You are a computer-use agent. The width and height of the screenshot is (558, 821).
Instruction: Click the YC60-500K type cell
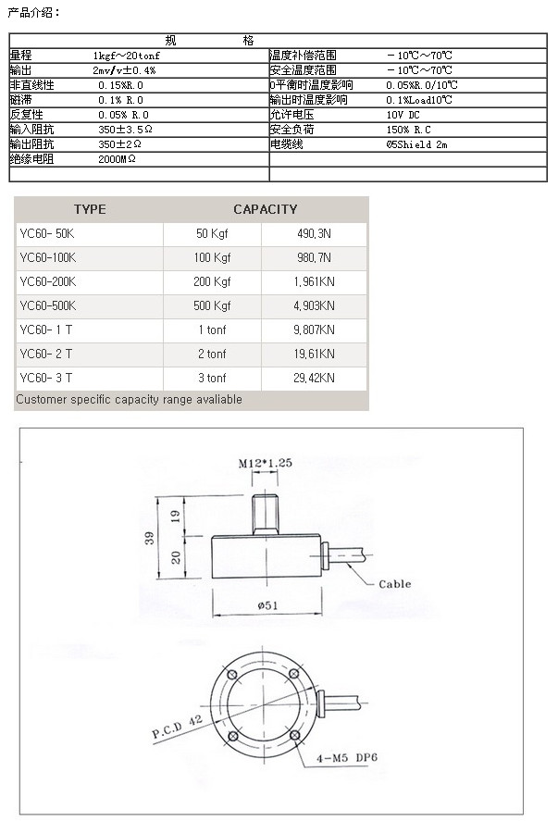[x=48, y=306]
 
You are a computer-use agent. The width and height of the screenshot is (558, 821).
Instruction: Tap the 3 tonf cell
[x=212, y=379]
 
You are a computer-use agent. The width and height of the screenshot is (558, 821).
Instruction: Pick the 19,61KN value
[x=314, y=355]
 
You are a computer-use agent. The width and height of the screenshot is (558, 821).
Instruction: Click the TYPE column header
[x=90, y=209]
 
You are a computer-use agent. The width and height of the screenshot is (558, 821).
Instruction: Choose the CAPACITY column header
[x=266, y=209]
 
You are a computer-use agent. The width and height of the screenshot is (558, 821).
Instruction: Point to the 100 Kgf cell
[x=213, y=258]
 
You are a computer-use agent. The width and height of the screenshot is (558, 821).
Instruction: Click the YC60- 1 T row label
[x=46, y=330]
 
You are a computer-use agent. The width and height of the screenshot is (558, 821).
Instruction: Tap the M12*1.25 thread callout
[x=265, y=462]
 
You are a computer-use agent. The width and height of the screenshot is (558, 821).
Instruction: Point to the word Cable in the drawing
[x=394, y=584]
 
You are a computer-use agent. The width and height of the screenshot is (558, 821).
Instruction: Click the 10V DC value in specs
[x=403, y=115]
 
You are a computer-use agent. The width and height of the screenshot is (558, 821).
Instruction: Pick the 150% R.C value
[x=408, y=130]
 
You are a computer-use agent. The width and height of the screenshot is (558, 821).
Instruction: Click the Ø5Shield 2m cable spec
[x=416, y=144]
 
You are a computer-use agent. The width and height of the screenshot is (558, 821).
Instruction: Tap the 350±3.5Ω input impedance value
[x=125, y=130]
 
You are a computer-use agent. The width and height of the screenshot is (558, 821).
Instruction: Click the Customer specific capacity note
[x=130, y=400]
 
